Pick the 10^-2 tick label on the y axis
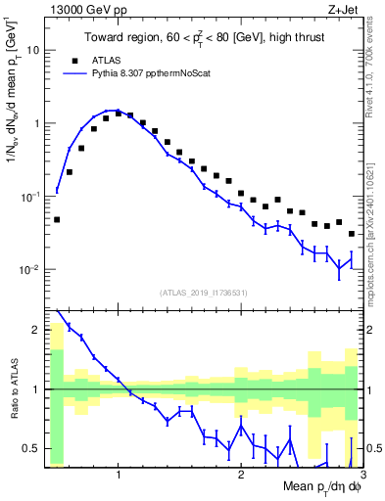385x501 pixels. click(28, 270)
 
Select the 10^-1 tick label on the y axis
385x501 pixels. click(28, 197)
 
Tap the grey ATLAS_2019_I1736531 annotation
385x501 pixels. click(203, 292)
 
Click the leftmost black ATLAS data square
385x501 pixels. click(57, 219)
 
